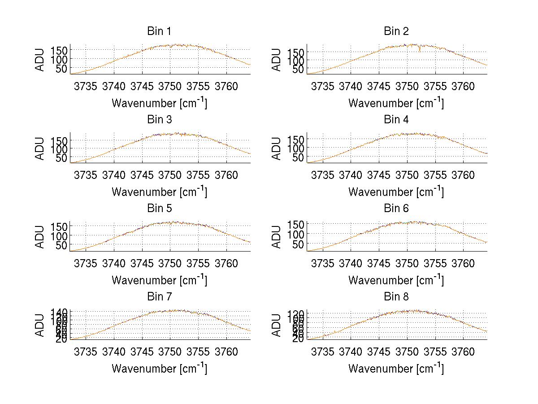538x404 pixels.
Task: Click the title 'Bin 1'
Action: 159,31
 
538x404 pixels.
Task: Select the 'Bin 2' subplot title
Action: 396,31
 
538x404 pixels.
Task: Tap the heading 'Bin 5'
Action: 159,209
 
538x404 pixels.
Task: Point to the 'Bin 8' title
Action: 396,297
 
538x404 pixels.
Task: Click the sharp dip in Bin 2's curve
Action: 420,50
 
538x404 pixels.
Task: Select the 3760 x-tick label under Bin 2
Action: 463,86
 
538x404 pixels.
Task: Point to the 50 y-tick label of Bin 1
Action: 61,68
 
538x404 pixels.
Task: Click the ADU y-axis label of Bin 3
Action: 40,148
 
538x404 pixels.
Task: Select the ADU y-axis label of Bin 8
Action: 277,325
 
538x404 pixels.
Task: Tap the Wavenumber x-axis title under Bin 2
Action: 396,103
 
